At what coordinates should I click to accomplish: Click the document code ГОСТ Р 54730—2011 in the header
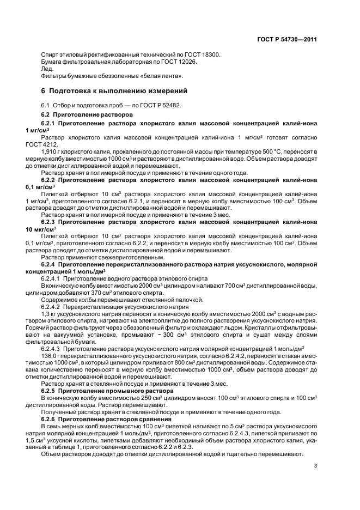(x=287, y=40)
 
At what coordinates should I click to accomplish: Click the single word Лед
(x=47, y=69)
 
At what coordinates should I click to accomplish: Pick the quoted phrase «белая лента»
(x=163, y=76)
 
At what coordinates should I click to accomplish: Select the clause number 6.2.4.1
(x=51, y=278)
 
